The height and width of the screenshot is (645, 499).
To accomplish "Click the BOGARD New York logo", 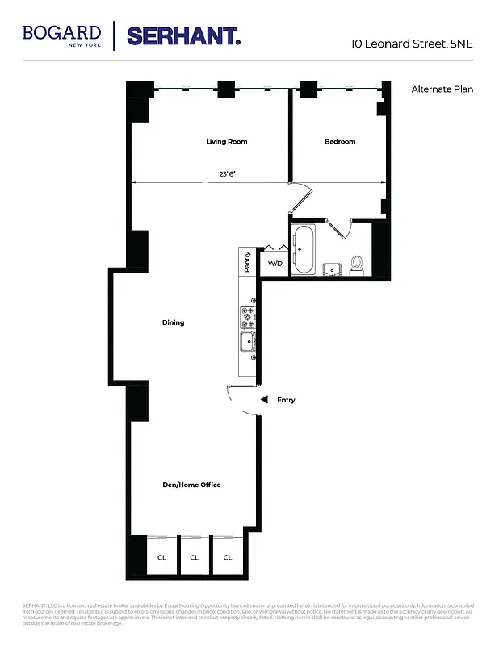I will [61, 35].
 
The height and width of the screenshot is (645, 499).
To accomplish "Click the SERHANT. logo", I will [183, 35].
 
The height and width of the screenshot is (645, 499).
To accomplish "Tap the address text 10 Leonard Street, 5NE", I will [411, 44].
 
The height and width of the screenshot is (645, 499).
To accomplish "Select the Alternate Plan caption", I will [442, 89].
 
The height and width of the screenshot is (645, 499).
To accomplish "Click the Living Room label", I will [226, 142].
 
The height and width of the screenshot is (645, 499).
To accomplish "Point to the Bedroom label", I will [340, 142].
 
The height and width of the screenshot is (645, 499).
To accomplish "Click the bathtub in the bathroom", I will [304, 249].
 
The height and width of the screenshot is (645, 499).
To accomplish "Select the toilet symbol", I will [356, 264].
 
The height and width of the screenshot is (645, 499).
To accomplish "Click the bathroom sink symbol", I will [330, 268].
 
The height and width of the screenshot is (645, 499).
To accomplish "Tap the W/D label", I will [275, 264].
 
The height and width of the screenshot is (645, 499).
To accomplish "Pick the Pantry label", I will [247, 261].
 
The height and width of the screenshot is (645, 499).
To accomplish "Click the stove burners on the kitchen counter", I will [247, 317].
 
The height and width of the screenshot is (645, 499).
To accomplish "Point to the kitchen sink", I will [246, 343].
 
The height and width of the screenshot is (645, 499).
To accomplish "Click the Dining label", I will [173, 322].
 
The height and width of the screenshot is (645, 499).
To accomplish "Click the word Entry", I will [286, 400].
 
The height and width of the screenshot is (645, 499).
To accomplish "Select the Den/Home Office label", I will [192, 485].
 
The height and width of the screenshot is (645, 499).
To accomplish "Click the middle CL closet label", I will [195, 557].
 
